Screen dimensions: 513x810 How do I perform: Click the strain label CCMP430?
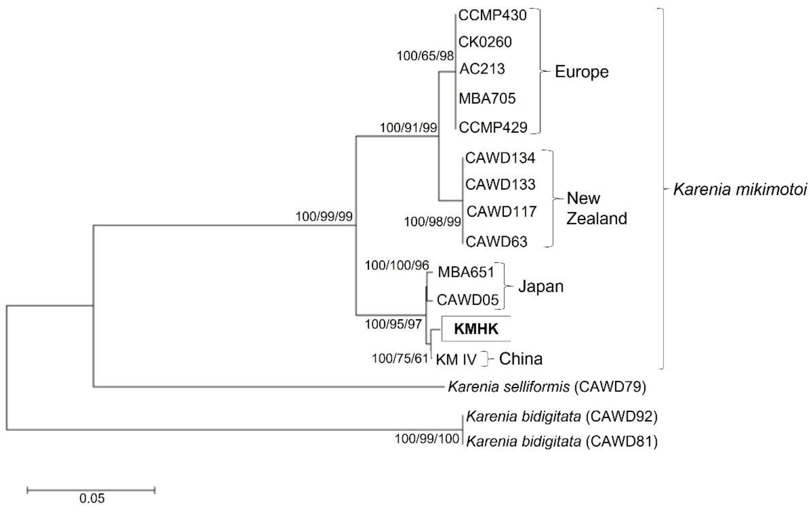(x=492, y=16)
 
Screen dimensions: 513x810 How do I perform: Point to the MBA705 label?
(x=487, y=99)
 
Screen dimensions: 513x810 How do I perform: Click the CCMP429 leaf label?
(x=493, y=127)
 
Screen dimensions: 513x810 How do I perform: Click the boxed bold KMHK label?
(x=476, y=329)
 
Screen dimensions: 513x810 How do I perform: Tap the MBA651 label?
(x=466, y=272)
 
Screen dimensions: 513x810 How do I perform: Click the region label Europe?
(x=581, y=72)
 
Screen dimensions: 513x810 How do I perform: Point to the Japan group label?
(x=541, y=287)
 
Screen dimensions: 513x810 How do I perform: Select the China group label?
(x=520, y=359)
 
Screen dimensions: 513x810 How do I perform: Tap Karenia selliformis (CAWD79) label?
(x=547, y=387)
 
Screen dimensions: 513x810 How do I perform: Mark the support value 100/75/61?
(x=400, y=359)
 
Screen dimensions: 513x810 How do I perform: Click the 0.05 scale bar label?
(x=92, y=498)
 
